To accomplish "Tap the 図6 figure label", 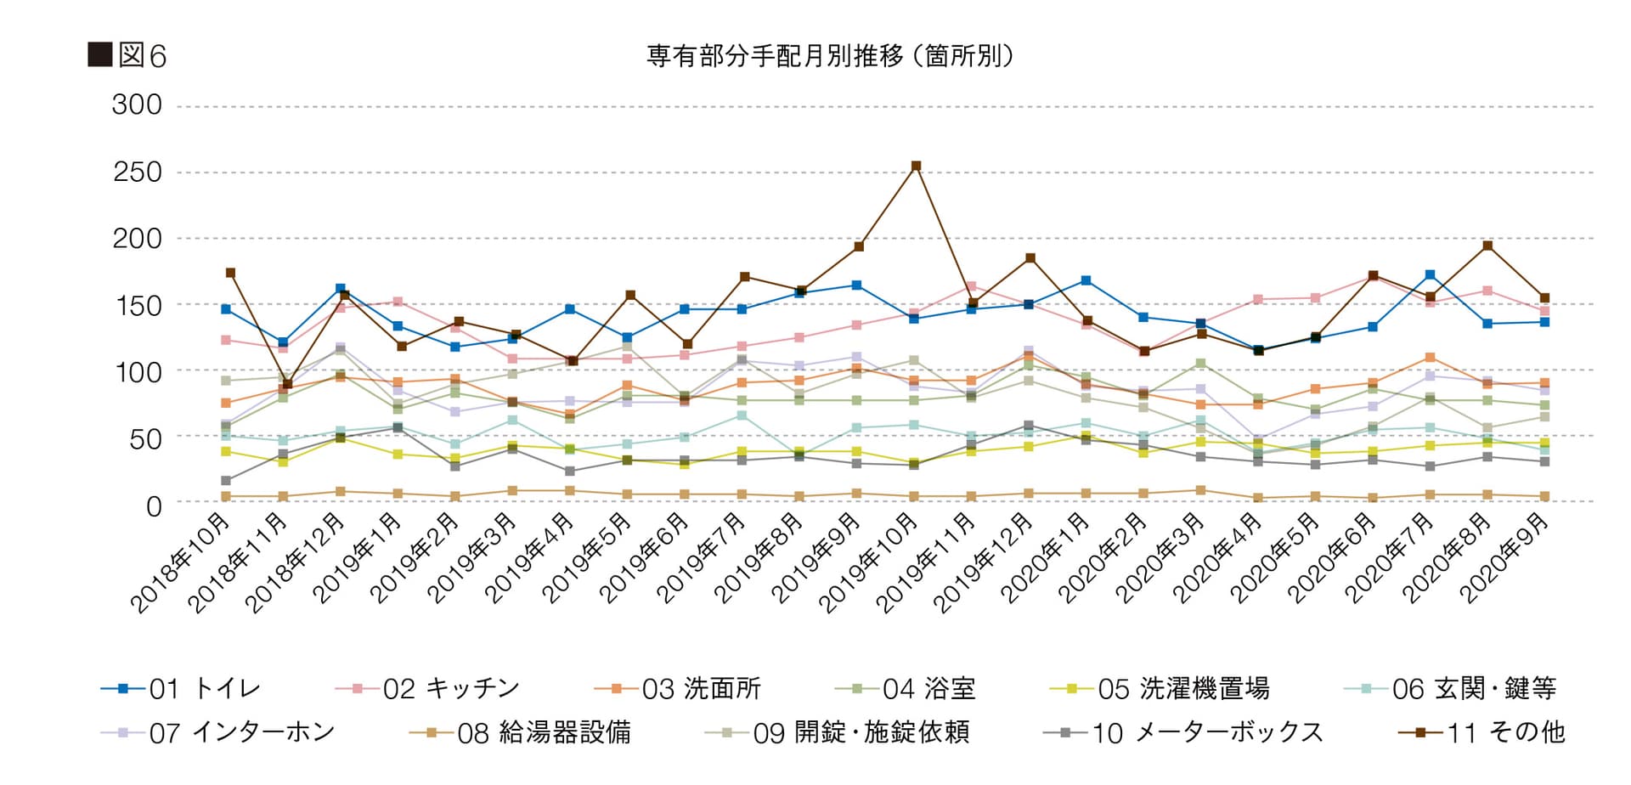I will (127, 56).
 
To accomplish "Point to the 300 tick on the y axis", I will (137, 105).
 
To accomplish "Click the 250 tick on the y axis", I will (137, 172).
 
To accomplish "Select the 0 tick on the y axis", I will (153, 506).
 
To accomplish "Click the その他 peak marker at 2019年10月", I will (916, 167).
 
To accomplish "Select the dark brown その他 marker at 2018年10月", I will (230, 273).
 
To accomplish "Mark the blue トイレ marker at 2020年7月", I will (1431, 275).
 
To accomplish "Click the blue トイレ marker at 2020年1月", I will (1086, 280).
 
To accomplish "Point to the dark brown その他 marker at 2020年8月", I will (1487, 246).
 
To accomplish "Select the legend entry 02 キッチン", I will (427, 688).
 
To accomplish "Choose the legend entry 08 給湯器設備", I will (520, 732).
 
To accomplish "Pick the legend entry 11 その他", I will (1481, 732).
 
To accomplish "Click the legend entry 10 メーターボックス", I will (1183, 732).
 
